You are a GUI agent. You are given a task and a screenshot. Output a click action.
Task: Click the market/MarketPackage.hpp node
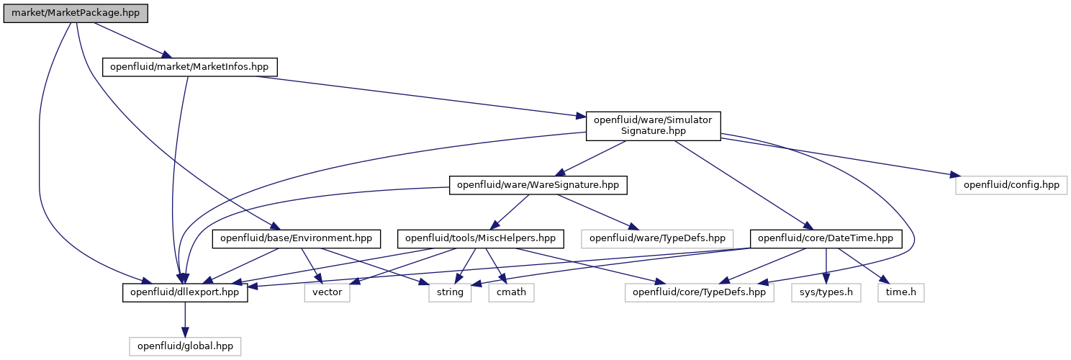[76, 13]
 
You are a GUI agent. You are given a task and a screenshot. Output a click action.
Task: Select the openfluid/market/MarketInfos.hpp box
[189, 67]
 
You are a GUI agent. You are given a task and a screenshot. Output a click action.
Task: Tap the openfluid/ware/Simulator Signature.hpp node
[653, 126]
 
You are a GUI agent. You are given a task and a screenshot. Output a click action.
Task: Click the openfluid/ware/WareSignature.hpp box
[538, 185]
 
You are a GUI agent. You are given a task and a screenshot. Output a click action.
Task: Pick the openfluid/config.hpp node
[1011, 185]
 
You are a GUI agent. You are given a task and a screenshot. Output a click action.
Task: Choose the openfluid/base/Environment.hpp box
[296, 238]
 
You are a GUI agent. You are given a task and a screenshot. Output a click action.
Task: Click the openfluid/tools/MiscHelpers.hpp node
[481, 238]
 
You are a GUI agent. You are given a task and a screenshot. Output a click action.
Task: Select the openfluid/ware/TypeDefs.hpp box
[657, 238]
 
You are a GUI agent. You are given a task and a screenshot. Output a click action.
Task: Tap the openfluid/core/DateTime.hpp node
[826, 238]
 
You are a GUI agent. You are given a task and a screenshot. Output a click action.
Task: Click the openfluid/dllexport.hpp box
[185, 292]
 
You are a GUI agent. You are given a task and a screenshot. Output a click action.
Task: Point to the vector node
[327, 292]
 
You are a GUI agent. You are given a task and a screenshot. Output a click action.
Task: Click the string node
[450, 292]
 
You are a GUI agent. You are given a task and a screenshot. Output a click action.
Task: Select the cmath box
[511, 292]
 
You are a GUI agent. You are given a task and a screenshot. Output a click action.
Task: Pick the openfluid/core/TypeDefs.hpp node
[699, 292]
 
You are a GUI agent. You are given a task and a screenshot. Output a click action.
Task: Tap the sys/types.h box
[826, 292]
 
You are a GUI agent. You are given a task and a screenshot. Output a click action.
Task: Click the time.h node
[901, 292]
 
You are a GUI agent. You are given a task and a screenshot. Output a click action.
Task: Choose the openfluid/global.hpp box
[185, 346]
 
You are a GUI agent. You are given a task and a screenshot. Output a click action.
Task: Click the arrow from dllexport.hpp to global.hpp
[185, 320]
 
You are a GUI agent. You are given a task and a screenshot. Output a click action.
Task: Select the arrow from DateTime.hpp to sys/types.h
[826, 266]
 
